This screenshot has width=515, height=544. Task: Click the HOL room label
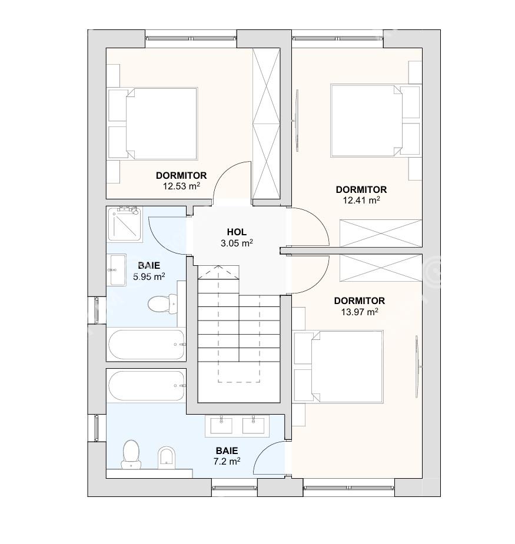pos(237,232)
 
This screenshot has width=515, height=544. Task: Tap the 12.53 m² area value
pos(181,186)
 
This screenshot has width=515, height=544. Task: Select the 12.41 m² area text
pos(361,200)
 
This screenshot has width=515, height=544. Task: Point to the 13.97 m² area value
pos(360,312)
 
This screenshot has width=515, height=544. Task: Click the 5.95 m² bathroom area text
pos(149,276)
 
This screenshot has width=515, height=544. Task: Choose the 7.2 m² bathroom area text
pos(227,462)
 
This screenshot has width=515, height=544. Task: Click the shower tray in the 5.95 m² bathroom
pos(125,224)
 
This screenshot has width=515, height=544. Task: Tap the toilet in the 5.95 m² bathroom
pos(163,304)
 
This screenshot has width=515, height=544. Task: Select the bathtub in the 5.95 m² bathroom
pos(146,345)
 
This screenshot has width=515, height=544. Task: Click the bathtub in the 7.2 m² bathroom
pos(146,386)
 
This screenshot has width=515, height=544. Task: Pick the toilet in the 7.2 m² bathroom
pos(131,455)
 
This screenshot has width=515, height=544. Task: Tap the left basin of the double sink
pos(221,425)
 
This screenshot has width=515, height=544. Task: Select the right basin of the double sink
pos(254,425)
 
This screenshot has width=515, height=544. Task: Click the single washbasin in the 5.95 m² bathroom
pos(117,270)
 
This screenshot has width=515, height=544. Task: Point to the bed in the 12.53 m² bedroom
pos(161,124)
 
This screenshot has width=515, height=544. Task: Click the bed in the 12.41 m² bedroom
pos(367,121)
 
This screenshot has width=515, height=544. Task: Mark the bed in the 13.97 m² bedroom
pos(347,366)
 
